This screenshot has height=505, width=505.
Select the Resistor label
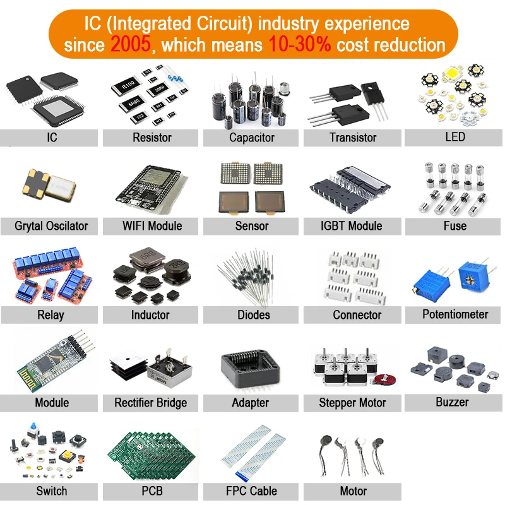coord(151,138)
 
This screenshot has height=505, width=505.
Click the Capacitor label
coord(251,138)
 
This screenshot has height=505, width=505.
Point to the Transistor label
coord(352,138)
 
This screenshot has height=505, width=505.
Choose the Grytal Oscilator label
coord(51,226)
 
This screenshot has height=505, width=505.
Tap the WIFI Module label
coord(151,226)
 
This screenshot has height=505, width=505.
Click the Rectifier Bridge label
coord(151,403)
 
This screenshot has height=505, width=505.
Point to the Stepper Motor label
coord(352,403)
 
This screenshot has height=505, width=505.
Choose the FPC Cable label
coord(251,491)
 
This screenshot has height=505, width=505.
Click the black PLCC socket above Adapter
coord(251,369)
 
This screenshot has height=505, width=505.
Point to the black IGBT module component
coord(350,189)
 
